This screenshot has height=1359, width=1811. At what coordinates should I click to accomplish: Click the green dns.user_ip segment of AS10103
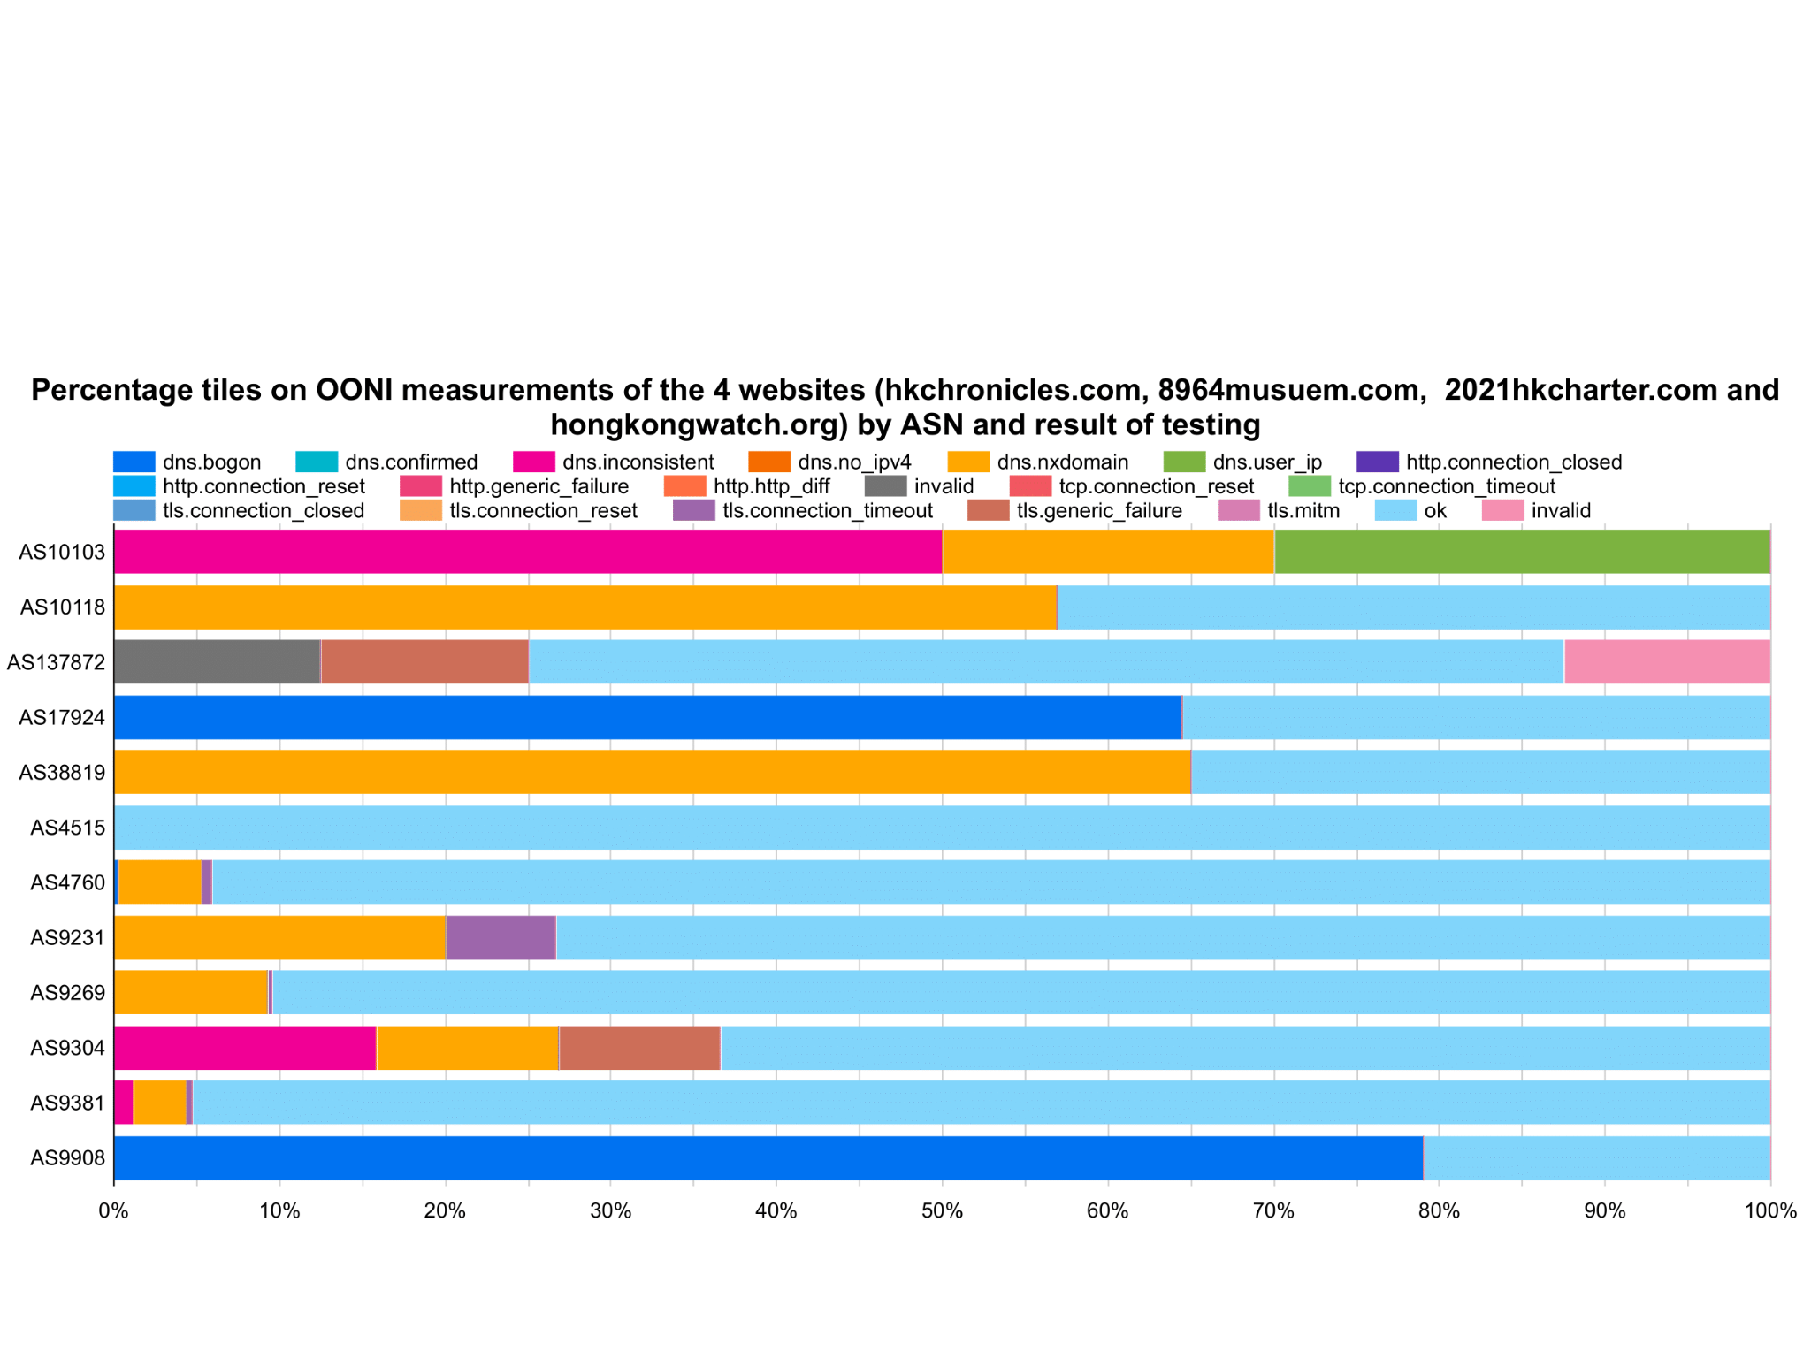[1521, 552]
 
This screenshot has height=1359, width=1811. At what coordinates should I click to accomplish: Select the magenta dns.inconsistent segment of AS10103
[528, 552]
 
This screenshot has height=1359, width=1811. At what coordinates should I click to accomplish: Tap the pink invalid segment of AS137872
[1667, 661]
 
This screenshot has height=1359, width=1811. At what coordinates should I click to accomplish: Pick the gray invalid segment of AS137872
[217, 661]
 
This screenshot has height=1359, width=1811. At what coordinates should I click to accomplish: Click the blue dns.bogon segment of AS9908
[768, 1157]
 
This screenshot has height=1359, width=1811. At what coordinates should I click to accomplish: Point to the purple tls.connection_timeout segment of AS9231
[501, 937]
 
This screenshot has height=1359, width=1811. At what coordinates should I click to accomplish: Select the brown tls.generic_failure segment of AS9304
[639, 1048]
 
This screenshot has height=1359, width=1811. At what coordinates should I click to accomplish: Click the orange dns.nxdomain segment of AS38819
[652, 772]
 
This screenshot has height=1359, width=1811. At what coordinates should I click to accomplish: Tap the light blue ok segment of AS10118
[1413, 607]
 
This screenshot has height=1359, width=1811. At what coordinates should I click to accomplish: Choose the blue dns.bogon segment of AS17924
[647, 717]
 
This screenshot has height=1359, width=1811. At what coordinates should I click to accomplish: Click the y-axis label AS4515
[68, 828]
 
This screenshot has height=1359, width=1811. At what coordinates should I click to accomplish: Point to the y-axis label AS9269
[68, 992]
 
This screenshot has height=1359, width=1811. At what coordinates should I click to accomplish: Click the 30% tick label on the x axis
[610, 1210]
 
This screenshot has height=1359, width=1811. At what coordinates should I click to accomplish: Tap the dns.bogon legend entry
[187, 462]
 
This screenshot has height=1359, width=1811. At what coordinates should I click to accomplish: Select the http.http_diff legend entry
[747, 486]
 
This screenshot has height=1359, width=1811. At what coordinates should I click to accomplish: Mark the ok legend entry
[1411, 510]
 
